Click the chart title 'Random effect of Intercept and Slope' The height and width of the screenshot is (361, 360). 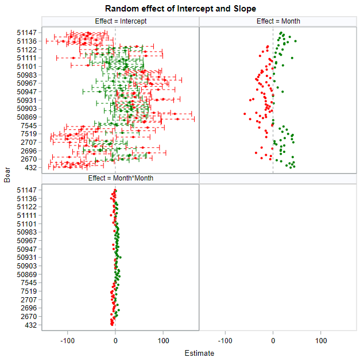pos(180,9)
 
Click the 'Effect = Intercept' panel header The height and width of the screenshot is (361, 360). pos(121,21)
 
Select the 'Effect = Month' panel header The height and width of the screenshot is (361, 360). pos(278,21)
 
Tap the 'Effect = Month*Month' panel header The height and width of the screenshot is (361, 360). pos(121,179)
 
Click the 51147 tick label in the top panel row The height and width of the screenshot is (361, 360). pos(27,33)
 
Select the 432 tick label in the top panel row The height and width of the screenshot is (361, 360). pos(31,168)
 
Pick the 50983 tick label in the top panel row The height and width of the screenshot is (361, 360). pos(27,75)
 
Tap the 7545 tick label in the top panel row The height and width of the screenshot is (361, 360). pos(29,125)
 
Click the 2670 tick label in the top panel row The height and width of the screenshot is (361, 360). pos(29,159)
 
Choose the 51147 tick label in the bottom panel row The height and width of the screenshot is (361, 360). pos(27,190)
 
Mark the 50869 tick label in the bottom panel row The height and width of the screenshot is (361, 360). pos(27,275)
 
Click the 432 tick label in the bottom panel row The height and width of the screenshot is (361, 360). pos(31,325)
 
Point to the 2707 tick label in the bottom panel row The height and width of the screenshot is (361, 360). pos(29,300)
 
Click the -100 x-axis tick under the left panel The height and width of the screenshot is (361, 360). pos(68,340)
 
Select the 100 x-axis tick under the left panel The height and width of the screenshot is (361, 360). pos(163,340)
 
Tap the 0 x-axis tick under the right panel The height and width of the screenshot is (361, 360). pos(273,340)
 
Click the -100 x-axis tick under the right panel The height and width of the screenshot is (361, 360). pos(225,340)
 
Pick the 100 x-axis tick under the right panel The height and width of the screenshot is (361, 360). pos(320,340)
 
